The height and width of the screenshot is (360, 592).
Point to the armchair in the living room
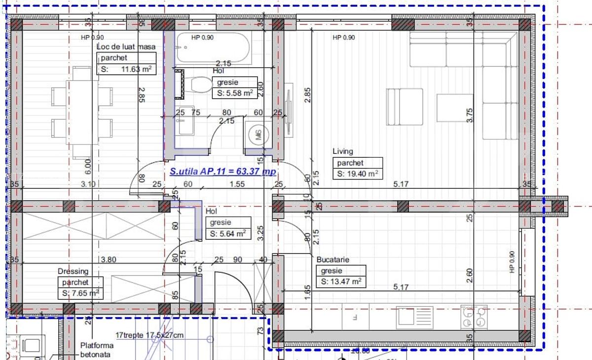(x=405, y=107)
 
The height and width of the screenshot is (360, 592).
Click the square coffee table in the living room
(x=454, y=108)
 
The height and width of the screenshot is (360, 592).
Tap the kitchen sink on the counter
(x=415, y=317)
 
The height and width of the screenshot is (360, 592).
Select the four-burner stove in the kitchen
(x=474, y=317)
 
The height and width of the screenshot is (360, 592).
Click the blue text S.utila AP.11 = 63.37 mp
(x=222, y=172)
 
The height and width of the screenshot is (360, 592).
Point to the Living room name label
(x=343, y=151)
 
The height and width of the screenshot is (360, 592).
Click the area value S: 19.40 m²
(x=358, y=174)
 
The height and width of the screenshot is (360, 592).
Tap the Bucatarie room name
(x=333, y=259)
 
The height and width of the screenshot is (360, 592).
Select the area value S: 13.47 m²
(x=341, y=282)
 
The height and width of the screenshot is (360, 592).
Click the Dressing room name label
(x=73, y=271)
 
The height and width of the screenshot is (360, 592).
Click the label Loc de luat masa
(x=126, y=47)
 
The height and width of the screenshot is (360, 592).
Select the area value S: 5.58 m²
(x=235, y=93)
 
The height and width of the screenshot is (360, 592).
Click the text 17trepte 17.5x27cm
(x=149, y=335)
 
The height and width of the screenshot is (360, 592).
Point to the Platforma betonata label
(x=97, y=350)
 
